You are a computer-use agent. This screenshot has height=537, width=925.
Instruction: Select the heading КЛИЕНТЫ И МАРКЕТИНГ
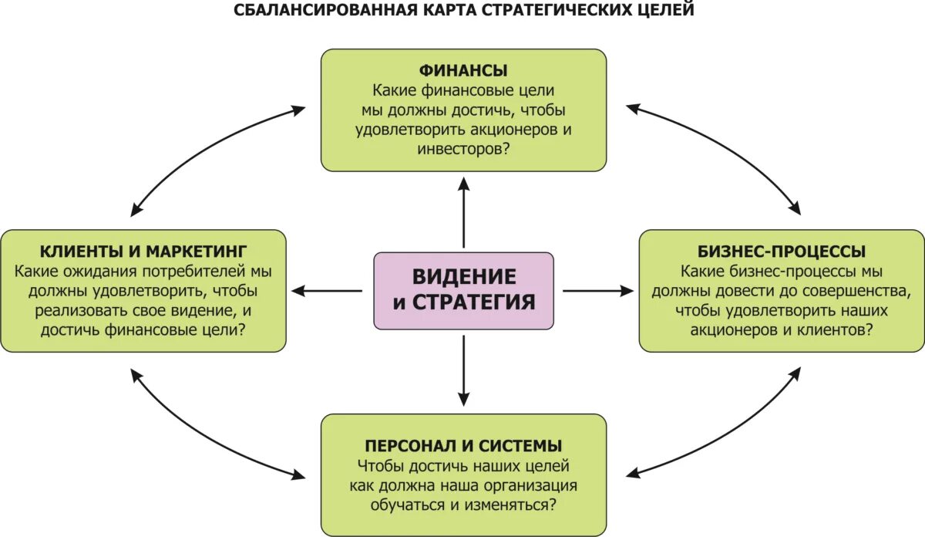(143, 252)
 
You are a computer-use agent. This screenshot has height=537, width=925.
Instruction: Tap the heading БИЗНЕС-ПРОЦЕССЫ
(782, 252)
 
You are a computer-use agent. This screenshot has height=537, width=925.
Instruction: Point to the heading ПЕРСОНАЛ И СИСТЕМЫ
(463, 446)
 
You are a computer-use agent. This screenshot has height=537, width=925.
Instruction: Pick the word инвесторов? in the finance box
(463, 149)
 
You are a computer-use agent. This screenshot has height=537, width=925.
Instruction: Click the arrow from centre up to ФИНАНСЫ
(463, 211)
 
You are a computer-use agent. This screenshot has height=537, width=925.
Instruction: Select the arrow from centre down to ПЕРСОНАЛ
(463, 370)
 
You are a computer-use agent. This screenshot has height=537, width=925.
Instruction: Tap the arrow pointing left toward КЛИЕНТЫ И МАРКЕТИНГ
(328, 291)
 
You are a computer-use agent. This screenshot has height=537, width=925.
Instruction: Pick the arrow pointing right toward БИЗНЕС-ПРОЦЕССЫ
(598, 291)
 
